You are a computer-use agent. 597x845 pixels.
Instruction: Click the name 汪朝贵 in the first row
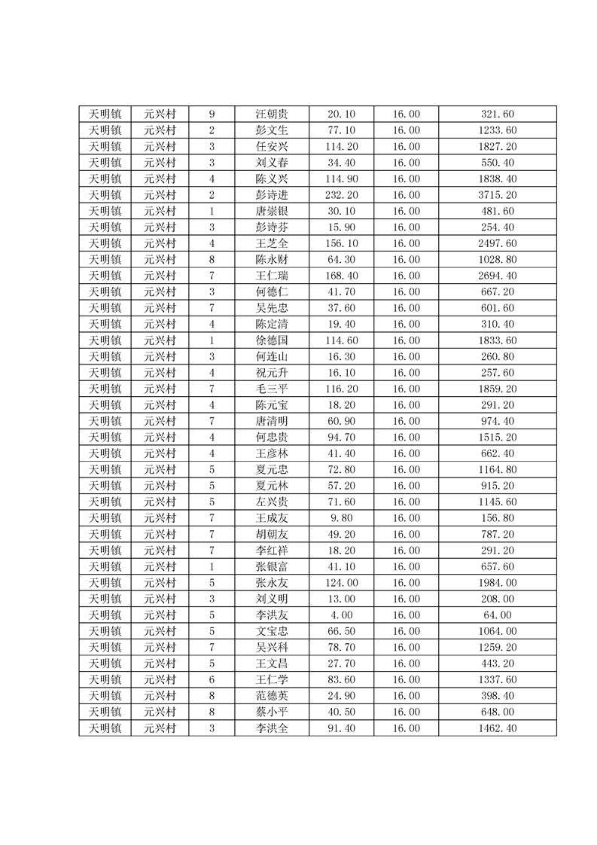click(x=271, y=114)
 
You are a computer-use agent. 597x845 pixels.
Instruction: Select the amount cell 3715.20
click(x=497, y=195)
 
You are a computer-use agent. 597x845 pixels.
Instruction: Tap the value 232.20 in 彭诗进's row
click(x=341, y=195)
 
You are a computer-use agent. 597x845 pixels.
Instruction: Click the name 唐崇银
click(x=271, y=212)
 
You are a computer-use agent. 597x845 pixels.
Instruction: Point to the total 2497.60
click(x=497, y=243)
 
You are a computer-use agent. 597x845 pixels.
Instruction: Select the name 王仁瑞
click(x=271, y=276)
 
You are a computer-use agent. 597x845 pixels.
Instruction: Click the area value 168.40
click(x=341, y=276)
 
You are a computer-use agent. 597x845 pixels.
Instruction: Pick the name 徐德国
click(x=271, y=340)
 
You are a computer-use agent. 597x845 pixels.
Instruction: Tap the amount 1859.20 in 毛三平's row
click(x=497, y=389)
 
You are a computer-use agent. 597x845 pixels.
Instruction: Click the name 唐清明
click(x=271, y=421)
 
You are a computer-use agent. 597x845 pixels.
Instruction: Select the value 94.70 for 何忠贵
click(x=341, y=438)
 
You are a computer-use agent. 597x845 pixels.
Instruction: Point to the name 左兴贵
click(x=271, y=502)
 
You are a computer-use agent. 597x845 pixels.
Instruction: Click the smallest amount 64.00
click(x=497, y=615)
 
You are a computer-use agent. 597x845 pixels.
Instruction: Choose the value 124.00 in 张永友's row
click(x=341, y=582)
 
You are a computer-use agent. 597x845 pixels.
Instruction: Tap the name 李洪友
click(x=271, y=615)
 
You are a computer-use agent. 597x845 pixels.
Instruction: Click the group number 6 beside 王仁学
click(x=212, y=679)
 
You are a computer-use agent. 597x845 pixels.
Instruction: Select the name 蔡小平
click(x=271, y=712)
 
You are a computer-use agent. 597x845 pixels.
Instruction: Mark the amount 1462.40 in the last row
click(x=497, y=728)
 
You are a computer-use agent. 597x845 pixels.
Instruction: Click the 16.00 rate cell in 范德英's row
click(x=406, y=695)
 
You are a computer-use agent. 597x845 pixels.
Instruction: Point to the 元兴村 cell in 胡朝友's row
click(x=160, y=534)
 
